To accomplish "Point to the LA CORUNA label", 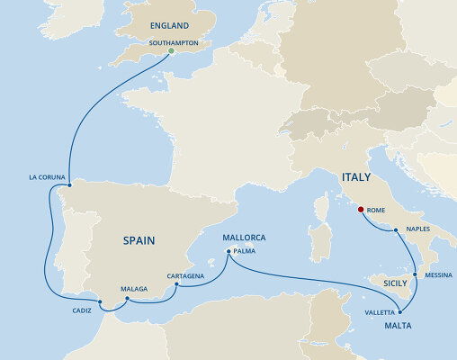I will point(46,177).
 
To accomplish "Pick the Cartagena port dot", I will point(177,285).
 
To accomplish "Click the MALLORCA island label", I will point(244,238).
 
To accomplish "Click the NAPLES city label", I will point(418,229).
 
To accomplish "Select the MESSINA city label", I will point(439,274).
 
